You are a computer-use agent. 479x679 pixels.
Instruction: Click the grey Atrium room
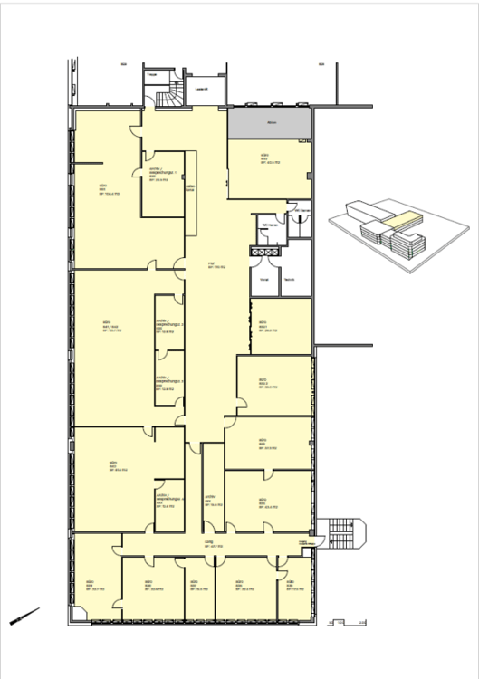(270, 123)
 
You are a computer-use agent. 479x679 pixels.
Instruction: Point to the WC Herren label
(268, 225)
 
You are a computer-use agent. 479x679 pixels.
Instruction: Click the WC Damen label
(302, 211)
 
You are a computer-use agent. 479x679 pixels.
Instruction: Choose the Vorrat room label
(264, 280)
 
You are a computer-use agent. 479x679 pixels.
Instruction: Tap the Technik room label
(289, 280)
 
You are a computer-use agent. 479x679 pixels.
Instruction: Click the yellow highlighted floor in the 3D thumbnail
(399, 219)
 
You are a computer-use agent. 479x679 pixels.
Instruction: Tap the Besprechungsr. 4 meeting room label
(169, 501)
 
